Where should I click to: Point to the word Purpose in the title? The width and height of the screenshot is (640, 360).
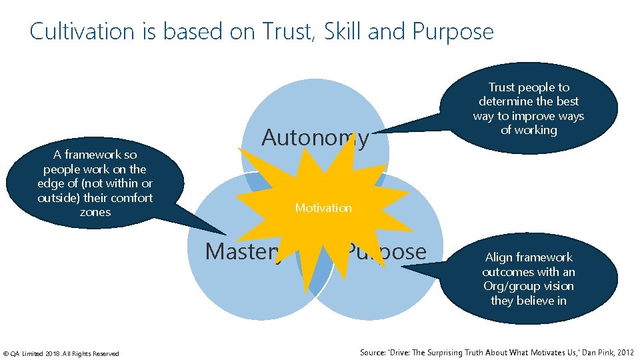point(453,31)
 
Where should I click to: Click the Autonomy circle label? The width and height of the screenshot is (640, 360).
point(315,137)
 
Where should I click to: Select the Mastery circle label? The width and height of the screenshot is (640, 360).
point(243,251)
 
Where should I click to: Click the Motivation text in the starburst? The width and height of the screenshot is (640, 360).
point(323,208)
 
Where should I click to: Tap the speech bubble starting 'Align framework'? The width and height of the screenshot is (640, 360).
point(529,279)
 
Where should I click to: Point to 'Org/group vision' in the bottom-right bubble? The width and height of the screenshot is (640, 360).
point(529,286)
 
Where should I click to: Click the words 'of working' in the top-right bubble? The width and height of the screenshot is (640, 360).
point(529,130)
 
